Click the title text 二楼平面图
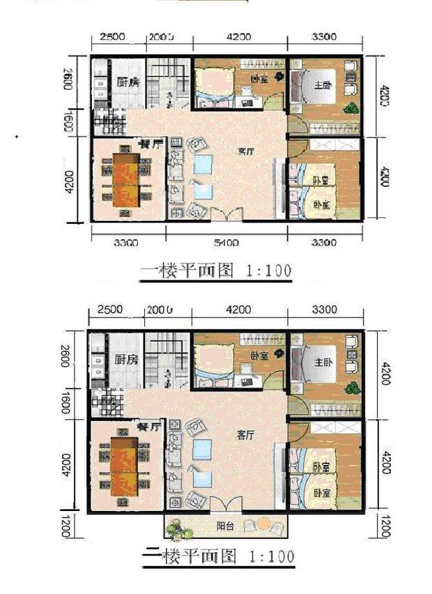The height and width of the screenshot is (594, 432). coord(189,556)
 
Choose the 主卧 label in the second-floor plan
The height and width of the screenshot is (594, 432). coord(325,363)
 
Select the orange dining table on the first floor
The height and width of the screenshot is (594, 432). coord(126,181)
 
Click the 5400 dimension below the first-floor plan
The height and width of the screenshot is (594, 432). coord(226,243)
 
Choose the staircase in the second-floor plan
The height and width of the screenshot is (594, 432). coord(167,359)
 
